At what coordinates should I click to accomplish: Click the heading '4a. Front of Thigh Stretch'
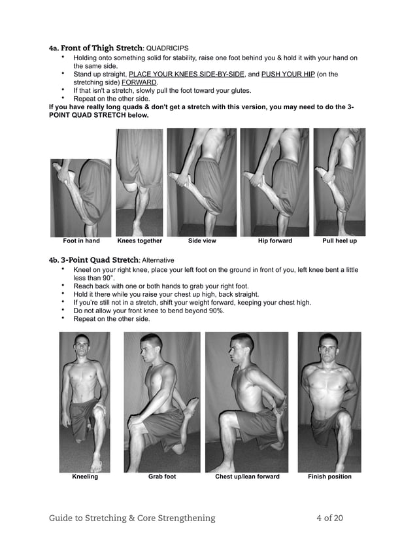coord(95,48)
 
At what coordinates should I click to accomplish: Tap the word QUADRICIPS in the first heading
coord(167,48)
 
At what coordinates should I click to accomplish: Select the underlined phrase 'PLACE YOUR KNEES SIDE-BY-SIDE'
coord(186,75)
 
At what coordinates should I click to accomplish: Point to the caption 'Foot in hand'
coord(81,241)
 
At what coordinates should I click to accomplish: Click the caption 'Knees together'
coord(139,241)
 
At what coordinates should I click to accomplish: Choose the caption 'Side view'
coord(202,241)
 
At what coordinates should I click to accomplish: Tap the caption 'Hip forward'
coord(275,241)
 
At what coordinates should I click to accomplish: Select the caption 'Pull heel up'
coord(339,241)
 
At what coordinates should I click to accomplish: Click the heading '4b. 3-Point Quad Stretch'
coord(95,260)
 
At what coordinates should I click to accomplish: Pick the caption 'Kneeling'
coord(85,477)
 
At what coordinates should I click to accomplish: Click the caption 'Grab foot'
coord(162,477)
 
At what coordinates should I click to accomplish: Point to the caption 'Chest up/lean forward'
coord(247,477)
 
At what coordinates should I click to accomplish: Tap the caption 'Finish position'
coord(329,477)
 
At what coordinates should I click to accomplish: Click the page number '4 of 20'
coord(329,518)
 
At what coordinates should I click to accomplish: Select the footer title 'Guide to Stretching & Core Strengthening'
coord(132,518)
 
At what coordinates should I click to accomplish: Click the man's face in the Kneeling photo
coord(82,345)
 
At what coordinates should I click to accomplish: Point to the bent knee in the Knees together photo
coord(133,190)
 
